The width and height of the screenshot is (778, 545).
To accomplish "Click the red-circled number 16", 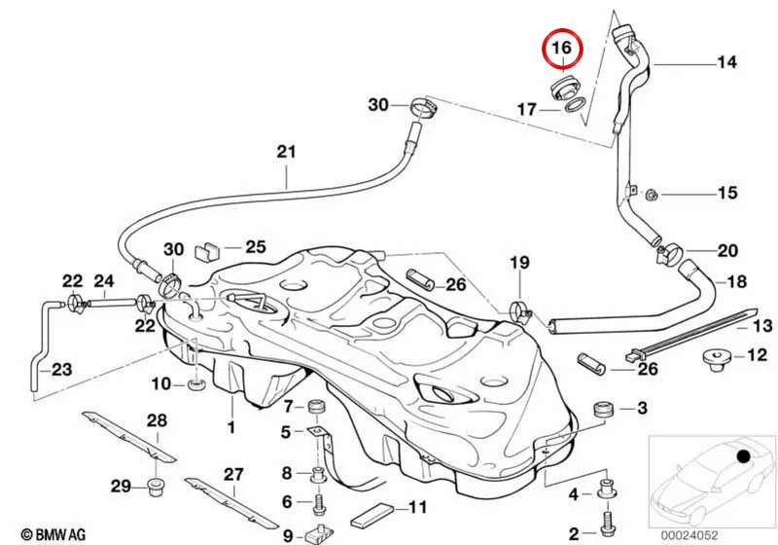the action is tap(562, 48).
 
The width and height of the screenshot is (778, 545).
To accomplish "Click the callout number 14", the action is tap(726, 62).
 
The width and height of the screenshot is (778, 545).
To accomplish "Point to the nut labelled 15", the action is tap(652, 195).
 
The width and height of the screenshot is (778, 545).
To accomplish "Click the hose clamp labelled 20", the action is tap(667, 251).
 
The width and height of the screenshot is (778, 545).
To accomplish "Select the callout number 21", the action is tap(286, 152).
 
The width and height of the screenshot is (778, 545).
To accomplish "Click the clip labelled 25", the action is tap(207, 252).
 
